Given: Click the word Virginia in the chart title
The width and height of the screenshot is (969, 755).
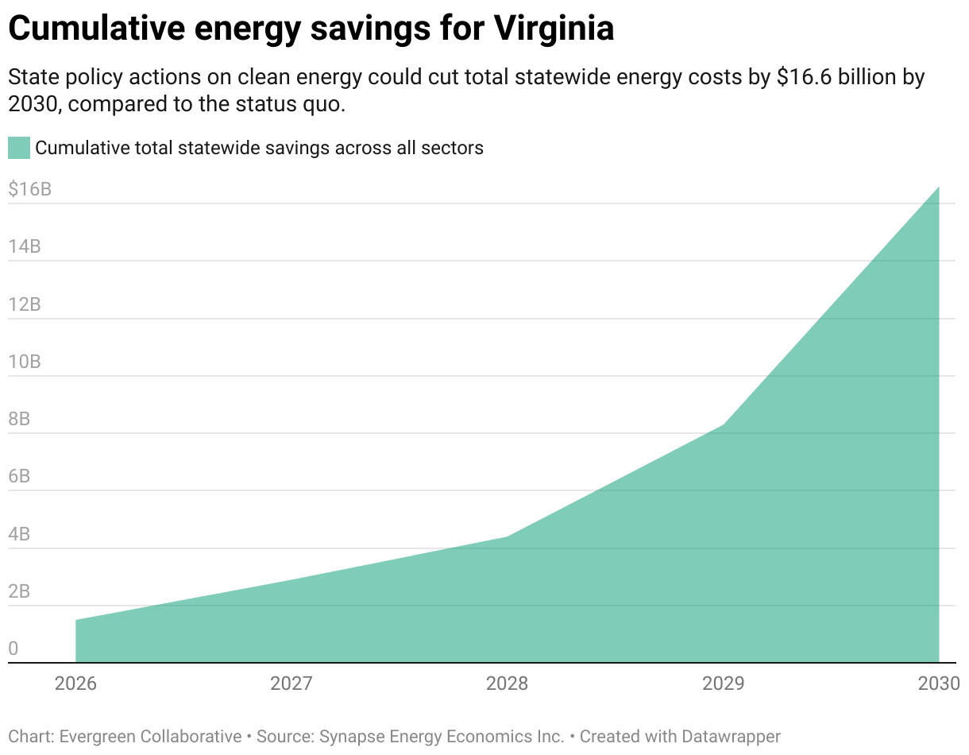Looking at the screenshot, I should pos(554,29).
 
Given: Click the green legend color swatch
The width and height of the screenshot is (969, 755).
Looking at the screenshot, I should pos(19,148).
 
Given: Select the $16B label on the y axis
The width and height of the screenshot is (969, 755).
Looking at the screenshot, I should pos(30,190).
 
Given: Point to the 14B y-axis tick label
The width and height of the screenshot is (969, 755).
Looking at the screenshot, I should pos(25,247).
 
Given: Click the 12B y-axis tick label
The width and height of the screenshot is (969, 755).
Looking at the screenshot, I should pos(25,304).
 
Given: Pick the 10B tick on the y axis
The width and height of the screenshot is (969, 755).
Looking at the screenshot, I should pos(25,362).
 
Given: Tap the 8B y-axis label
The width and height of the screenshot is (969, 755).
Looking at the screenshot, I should pos(20,420).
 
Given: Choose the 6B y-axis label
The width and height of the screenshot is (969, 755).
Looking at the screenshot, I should pos(20,477).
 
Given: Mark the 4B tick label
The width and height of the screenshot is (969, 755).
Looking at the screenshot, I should pos(20,535).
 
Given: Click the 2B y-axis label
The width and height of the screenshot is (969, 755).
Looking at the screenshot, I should pos(20,592).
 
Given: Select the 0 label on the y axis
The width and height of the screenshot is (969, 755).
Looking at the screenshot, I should pos(13,649).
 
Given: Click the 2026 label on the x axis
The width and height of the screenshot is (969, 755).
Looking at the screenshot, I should pos(75,683).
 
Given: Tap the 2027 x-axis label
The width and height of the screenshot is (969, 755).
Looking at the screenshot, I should pos(291,683).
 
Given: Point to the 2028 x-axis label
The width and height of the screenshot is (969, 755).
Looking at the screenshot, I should pos(508,683).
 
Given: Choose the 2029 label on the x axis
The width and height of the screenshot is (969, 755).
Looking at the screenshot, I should pos(724,683).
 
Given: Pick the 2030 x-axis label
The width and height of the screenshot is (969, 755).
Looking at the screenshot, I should pos(939,683).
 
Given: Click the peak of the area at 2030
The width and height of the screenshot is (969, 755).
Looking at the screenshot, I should pos(939,188).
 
